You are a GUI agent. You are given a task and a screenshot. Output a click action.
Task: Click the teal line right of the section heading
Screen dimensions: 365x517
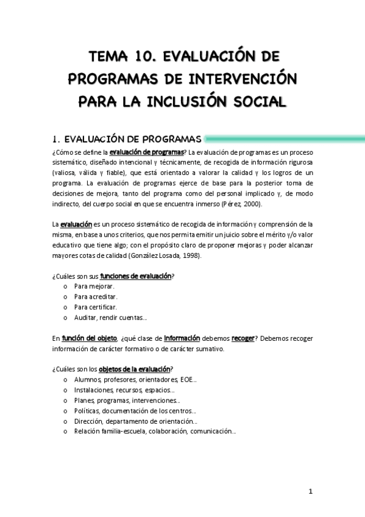[286, 138]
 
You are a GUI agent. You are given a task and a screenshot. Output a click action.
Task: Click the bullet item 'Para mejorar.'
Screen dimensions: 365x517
[94, 286]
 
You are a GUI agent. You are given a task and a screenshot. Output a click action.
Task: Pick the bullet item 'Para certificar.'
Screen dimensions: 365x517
[96, 307]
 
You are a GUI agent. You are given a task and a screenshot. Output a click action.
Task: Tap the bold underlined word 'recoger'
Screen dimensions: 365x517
[242, 338]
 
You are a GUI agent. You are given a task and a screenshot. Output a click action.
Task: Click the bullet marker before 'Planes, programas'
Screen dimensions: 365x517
[66, 401]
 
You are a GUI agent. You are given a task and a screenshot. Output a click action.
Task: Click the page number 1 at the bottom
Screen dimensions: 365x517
[310, 492]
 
